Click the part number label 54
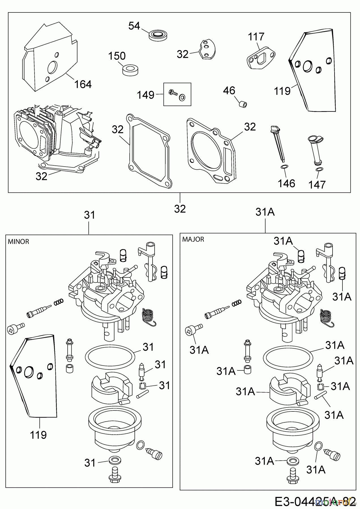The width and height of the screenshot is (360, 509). [134, 26]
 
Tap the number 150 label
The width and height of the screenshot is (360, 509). [117, 56]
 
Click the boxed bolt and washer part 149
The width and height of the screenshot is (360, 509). [177, 94]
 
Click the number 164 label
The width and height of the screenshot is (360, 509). [83, 84]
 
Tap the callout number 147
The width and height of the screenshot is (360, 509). [317, 185]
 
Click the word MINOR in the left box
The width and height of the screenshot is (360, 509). [18, 241]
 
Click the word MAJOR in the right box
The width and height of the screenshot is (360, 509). [193, 239]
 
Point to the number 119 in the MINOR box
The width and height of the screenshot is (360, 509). [38, 435]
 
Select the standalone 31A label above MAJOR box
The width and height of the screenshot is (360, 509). [265, 212]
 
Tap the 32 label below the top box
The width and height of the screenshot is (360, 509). [180, 209]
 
